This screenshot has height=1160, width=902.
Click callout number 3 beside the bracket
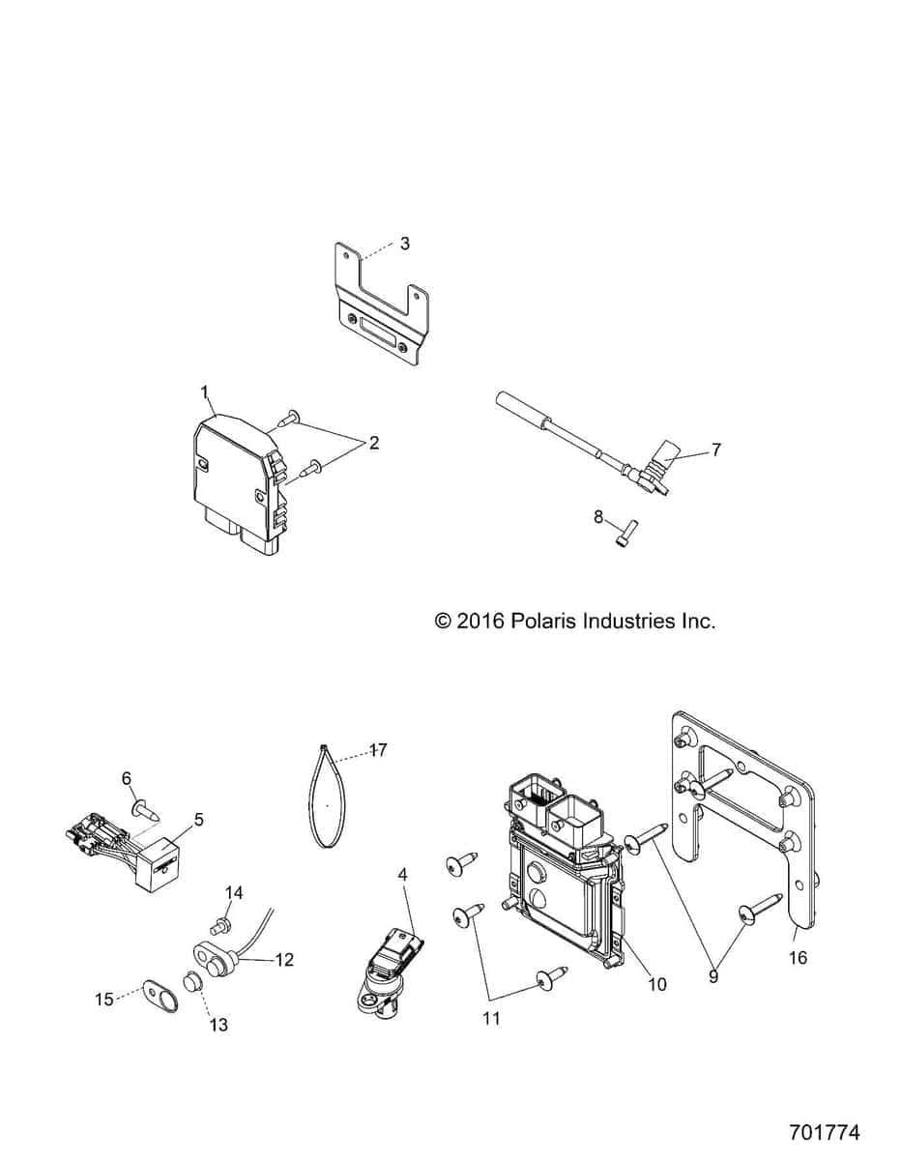point(404,244)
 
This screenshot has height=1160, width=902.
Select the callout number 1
point(205,391)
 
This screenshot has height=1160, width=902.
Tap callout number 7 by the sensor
point(715,449)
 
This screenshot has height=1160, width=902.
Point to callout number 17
point(378,749)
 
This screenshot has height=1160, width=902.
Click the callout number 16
point(799,958)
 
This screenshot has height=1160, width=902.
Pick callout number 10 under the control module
point(657,984)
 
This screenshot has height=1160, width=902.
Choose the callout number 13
point(219,1025)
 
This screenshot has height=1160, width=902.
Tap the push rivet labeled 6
point(140,803)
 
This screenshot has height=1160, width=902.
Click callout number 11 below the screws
point(491,1018)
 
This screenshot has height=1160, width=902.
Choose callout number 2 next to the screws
point(373,444)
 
